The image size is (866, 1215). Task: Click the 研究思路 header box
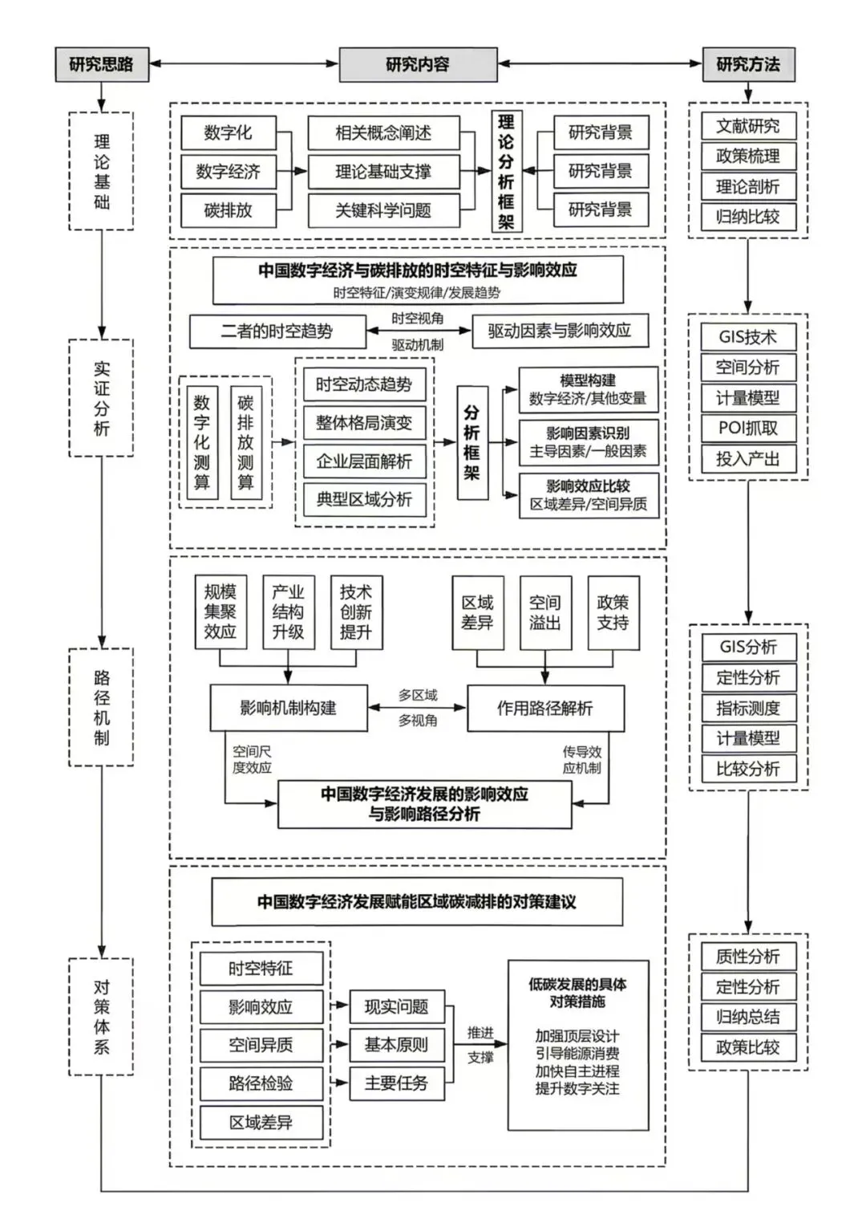click(x=102, y=64)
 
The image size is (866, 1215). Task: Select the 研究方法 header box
click(x=748, y=64)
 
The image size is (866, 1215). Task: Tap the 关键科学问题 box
click(x=383, y=210)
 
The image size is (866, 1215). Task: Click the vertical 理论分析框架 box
click(x=506, y=172)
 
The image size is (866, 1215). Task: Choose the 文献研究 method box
click(x=748, y=126)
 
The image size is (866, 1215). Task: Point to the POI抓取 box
click(x=748, y=428)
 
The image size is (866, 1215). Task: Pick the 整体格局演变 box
click(x=364, y=423)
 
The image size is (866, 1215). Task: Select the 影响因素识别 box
click(x=588, y=442)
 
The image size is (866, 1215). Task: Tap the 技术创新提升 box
click(x=356, y=612)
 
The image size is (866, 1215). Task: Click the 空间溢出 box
click(x=545, y=612)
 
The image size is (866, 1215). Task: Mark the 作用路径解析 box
click(x=545, y=708)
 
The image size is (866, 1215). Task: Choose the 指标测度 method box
click(x=748, y=708)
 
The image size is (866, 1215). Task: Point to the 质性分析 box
click(x=748, y=956)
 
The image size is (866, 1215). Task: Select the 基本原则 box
click(x=396, y=1045)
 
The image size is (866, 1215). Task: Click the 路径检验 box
click(x=261, y=1083)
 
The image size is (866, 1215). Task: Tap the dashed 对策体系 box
click(x=101, y=1017)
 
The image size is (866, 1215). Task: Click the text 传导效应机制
click(x=581, y=760)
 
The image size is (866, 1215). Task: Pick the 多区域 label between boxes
click(x=418, y=695)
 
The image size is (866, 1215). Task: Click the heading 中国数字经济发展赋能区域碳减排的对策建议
click(x=417, y=902)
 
